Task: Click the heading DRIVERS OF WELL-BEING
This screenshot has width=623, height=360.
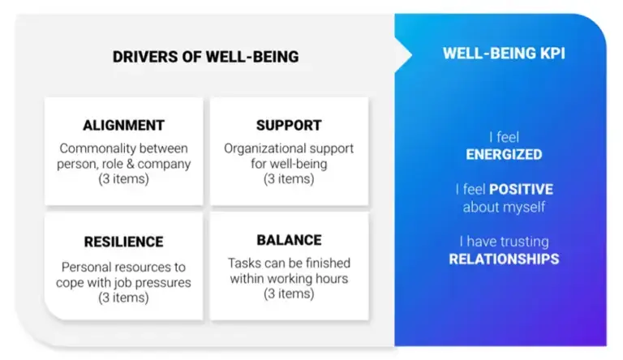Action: click(205, 57)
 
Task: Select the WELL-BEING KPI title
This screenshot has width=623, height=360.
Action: click(503, 54)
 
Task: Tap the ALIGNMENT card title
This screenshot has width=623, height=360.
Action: click(123, 126)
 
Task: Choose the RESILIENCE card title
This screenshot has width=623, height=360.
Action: click(123, 242)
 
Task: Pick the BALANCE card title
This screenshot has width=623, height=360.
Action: click(289, 240)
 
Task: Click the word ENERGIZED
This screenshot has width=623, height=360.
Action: click(504, 154)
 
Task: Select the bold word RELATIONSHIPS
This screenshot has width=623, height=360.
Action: click(504, 259)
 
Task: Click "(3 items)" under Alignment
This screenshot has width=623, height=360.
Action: click(123, 179)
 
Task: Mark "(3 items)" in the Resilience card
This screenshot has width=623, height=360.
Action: click(123, 298)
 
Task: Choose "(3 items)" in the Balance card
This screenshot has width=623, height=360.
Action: click(289, 294)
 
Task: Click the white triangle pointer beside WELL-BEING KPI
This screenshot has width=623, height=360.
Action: click(402, 54)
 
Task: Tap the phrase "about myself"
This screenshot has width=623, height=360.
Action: click(504, 207)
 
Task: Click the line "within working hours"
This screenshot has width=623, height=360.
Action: click(289, 278)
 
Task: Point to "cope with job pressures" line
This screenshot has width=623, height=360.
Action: click(123, 282)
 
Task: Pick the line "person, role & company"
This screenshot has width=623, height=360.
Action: click(123, 164)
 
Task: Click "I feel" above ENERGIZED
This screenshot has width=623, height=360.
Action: click(504, 137)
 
